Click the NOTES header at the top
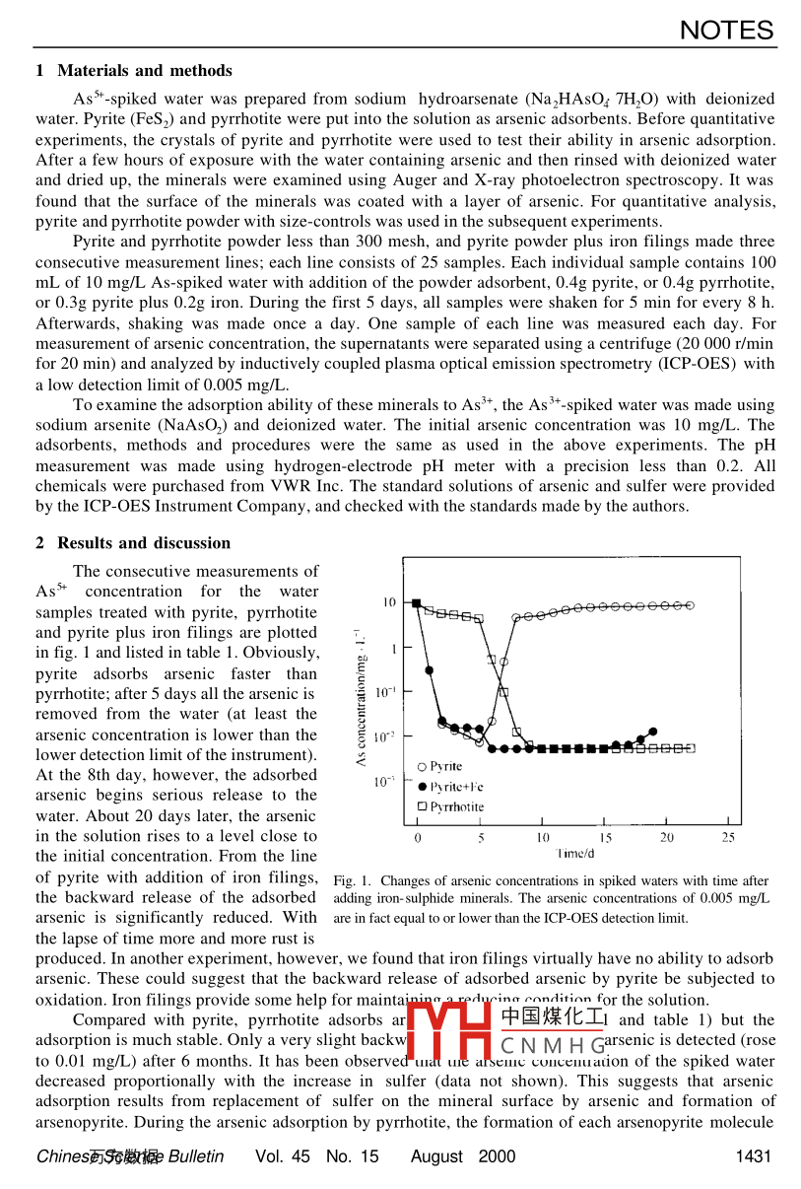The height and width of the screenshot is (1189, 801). (x=726, y=31)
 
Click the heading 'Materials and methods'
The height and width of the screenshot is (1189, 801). (x=145, y=70)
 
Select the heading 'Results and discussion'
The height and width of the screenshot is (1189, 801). (x=144, y=542)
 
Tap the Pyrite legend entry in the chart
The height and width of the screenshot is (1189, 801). (x=440, y=766)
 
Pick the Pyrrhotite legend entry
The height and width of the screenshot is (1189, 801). (x=450, y=806)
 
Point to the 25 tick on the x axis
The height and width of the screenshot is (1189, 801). (x=728, y=837)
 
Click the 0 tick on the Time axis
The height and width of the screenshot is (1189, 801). (x=418, y=837)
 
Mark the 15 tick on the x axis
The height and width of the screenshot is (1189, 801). (x=604, y=837)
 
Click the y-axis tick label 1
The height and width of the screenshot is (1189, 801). (x=393, y=648)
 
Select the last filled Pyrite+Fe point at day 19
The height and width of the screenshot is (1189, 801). (x=653, y=732)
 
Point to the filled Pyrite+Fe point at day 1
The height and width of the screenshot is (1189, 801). (x=430, y=670)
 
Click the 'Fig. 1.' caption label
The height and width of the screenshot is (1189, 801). (x=352, y=880)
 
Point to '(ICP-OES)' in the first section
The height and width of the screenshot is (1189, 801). (x=701, y=364)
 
